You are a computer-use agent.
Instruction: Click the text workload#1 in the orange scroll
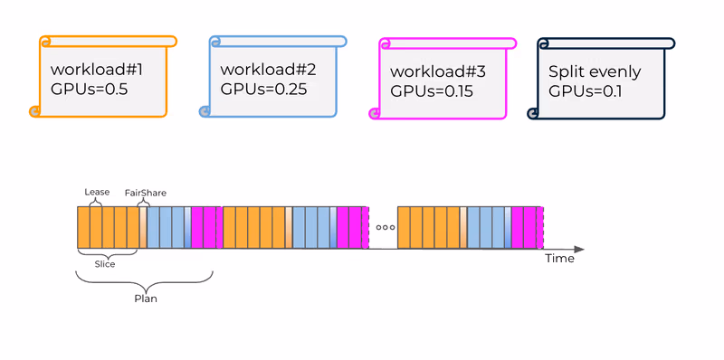coord(97,68)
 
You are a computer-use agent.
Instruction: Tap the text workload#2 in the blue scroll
coord(267,69)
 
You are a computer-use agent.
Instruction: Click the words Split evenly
coord(595,71)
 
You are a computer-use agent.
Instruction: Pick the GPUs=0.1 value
coord(588,90)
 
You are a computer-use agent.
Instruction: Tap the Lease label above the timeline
coord(97,192)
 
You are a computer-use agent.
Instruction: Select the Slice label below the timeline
coord(105,264)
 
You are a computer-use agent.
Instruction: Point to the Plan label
coord(145,298)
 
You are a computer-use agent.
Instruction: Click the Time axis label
coord(559,259)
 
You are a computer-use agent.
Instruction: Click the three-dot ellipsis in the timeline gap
coord(385,228)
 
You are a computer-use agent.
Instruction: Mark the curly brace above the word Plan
coord(145,279)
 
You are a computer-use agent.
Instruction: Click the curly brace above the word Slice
coord(107,253)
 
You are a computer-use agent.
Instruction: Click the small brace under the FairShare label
coord(142,202)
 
